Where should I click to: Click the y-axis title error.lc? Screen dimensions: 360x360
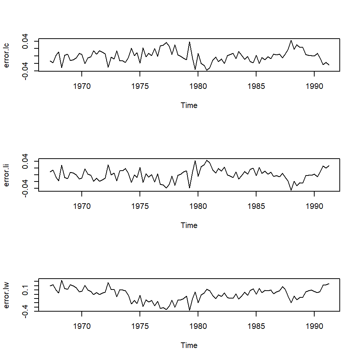(6, 55)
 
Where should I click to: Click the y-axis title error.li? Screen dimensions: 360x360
(6, 175)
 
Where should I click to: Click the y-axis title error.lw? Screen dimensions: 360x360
(6, 295)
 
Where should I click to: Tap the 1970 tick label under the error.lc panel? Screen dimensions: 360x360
(82, 86)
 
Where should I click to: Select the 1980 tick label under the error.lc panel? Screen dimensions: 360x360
(198, 86)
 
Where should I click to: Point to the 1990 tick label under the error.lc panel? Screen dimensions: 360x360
(314, 86)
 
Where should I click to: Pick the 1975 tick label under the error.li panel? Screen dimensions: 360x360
(140, 206)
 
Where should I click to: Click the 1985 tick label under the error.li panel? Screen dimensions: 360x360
(256, 206)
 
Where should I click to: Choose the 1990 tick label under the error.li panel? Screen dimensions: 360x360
(314, 206)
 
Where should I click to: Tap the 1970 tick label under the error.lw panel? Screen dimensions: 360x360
(82, 326)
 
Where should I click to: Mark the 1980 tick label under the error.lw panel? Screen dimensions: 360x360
(198, 326)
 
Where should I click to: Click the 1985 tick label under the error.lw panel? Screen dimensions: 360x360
(256, 326)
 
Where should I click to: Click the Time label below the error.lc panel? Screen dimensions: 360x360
(189, 105)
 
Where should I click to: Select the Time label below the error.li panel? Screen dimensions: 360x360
(189, 225)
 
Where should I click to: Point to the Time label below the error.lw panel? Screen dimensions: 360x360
(189, 345)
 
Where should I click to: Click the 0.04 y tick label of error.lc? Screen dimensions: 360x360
(25, 41)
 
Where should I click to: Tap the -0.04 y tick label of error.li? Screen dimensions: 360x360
(25, 188)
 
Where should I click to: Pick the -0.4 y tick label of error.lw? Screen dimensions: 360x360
(25, 311)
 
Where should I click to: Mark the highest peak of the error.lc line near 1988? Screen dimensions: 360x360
(291, 40)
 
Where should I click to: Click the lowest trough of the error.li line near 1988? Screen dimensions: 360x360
(291, 190)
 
